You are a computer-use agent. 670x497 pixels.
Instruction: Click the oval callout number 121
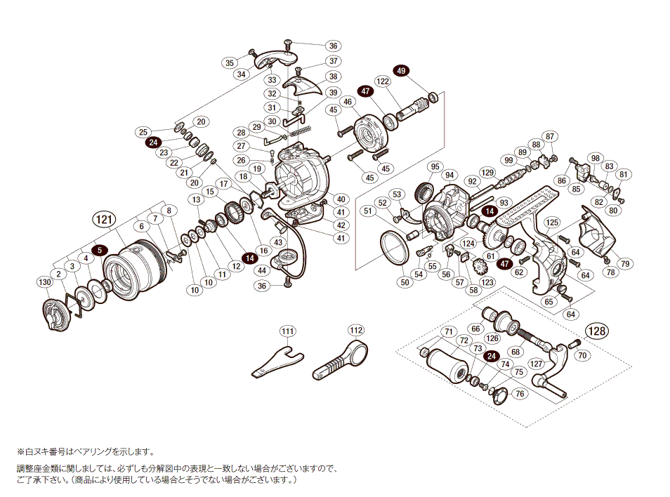[103, 220]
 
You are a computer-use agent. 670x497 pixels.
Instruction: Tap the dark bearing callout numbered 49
[401, 71]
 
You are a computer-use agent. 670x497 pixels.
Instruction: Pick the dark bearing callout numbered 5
[100, 249]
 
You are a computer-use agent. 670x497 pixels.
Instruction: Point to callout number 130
[45, 282]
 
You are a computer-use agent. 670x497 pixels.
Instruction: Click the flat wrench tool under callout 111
[277, 360]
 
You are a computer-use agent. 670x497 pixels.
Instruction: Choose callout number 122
[382, 81]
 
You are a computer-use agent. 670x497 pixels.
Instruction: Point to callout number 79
[624, 264]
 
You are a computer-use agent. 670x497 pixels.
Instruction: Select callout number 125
[552, 222]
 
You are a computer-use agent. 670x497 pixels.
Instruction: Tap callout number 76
[520, 394]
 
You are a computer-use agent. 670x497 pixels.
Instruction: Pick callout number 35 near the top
[229, 62]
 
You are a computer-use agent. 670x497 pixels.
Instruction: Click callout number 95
[435, 166]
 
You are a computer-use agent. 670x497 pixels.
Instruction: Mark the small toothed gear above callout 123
[481, 267]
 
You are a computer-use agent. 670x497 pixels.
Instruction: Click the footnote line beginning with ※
[84, 453]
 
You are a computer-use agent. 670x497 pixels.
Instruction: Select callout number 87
[550, 136]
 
